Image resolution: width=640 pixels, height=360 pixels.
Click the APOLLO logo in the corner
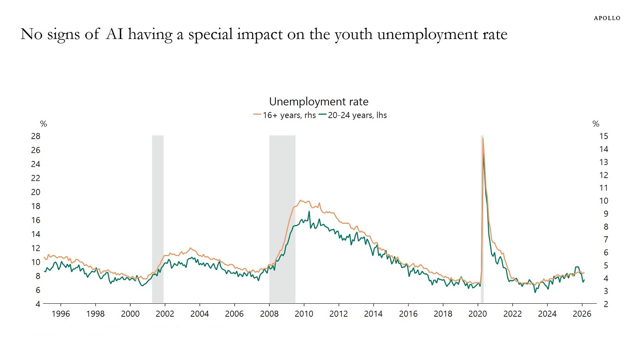[x=607, y=18]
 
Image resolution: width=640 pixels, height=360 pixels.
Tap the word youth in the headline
[x=355, y=34]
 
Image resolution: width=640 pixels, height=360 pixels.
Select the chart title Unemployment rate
[x=319, y=102]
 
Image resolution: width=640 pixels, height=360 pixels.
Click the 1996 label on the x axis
[x=61, y=314]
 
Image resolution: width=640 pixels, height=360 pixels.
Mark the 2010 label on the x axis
[x=304, y=314]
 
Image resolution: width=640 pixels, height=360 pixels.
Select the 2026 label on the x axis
[x=582, y=314]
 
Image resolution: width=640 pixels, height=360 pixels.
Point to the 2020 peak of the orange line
[x=483, y=138]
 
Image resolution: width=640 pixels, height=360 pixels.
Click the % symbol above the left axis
[x=44, y=124]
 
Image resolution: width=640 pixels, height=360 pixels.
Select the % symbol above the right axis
[x=596, y=124]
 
